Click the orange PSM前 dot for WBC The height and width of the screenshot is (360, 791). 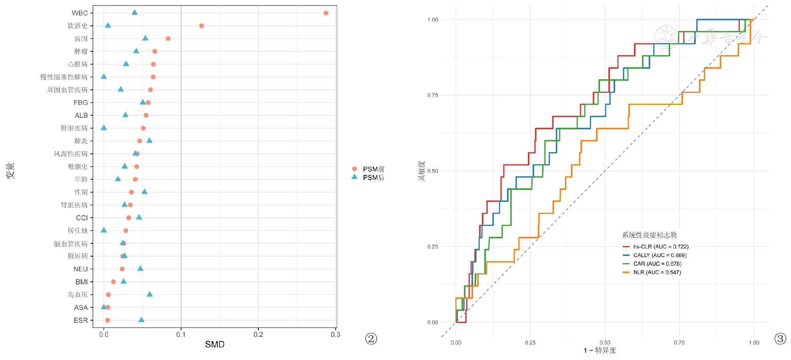[x=326, y=13]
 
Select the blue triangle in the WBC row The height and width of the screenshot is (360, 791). [x=135, y=12]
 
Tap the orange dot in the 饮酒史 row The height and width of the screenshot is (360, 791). [x=201, y=26]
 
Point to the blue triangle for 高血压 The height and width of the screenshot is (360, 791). [x=149, y=294]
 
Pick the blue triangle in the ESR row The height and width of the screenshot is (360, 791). [x=141, y=320]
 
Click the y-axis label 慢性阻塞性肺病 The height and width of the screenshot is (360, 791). [x=64, y=77]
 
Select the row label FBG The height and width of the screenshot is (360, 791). [x=81, y=103]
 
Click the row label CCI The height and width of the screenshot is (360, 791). [x=82, y=218]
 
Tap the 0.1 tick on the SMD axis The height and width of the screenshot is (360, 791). [x=181, y=334]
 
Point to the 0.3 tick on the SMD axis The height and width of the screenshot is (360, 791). [x=336, y=334]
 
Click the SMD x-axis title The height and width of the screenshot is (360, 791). [x=215, y=344]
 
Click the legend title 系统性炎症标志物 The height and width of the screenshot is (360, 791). [x=649, y=235]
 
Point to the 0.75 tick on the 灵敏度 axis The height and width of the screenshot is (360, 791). [x=433, y=95]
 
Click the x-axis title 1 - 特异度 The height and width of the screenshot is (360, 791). [x=600, y=350]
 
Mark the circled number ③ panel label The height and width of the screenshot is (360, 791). [x=780, y=339]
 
